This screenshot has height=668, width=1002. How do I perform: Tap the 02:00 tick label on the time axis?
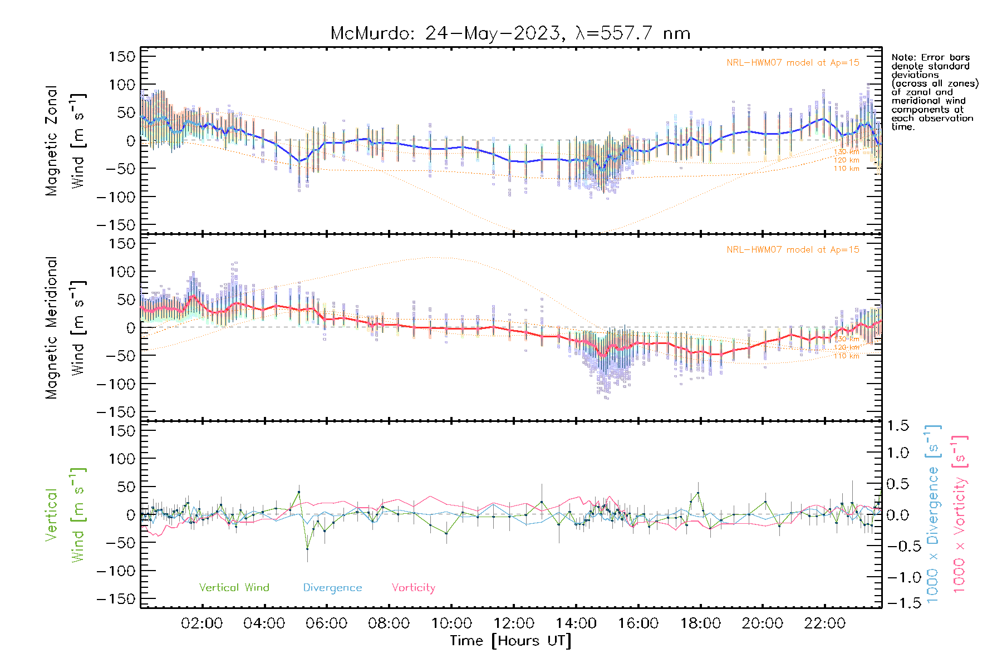pyautogui.click(x=202, y=623)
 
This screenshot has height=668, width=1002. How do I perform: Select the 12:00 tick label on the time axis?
pyautogui.click(x=513, y=623)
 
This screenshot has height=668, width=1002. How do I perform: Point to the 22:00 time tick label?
pyautogui.click(x=824, y=623)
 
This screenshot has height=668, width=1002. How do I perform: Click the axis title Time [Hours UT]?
pyautogui.click(x=510, y=641)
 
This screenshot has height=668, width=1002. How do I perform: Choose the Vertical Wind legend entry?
pyautogui.click(x=234, y=587)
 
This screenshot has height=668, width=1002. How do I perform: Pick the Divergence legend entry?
pyautogui.click(x=332, y=587)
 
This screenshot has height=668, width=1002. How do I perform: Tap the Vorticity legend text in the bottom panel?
pyautogui.click(x=413, y=587)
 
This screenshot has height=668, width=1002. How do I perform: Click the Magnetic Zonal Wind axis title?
pyautogui.click(x=66, y=140)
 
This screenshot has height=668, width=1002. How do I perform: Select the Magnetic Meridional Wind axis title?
pyautogui.click(x=66, y=328)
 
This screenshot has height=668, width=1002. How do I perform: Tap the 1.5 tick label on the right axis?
pyautogui.click(x=897, y=426)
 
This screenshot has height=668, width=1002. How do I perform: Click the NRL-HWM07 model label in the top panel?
pyautogui.click(x=793, y=63)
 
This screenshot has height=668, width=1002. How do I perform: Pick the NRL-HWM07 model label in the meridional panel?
pyautogui.click(x=793, y=250)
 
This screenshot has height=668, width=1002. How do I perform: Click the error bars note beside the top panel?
pyautogui.click(x=934, y=92)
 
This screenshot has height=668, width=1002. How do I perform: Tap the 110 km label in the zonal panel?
pyautogui.click(x=846, y=169)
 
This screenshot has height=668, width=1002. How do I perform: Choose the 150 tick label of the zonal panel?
pyautogui.click(x=122, y=56)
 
